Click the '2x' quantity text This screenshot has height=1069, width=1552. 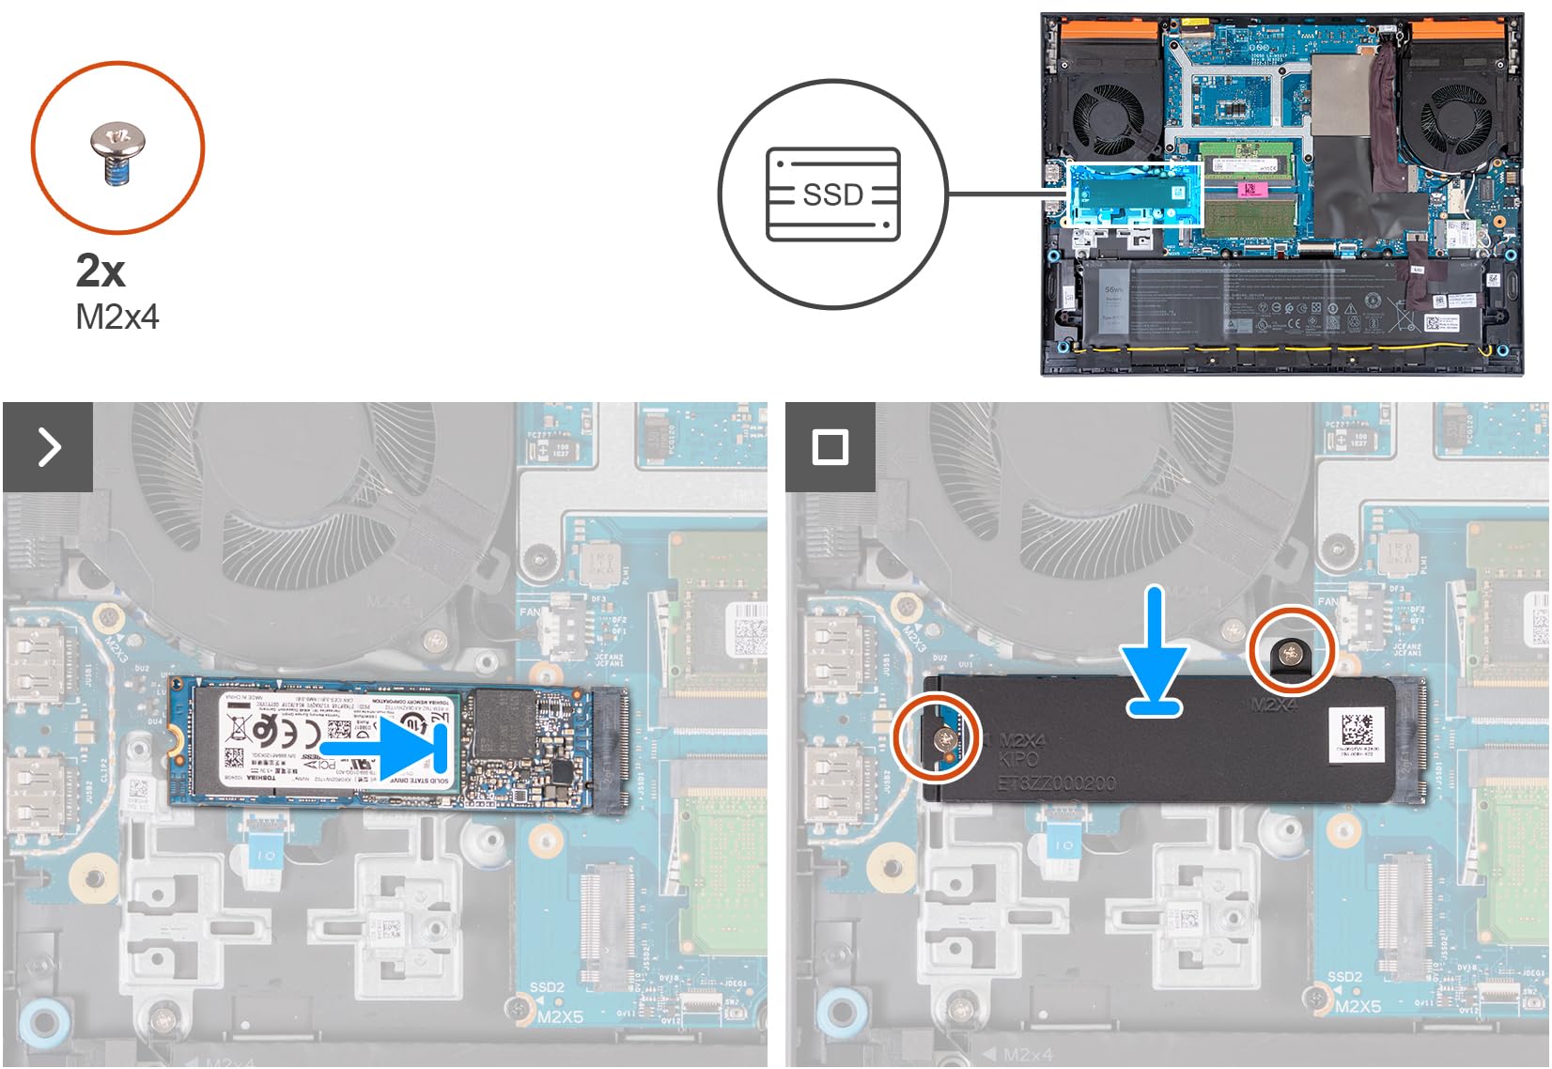tap(100, 271)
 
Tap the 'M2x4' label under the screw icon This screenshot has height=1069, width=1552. tap(116, 318)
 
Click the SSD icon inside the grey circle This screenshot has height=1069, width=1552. tap(833, 194)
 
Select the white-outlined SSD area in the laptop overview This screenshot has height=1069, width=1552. tap(1134, 194)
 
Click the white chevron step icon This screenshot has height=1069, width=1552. tap(48, 446)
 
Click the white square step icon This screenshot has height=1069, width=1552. tap(830, 446)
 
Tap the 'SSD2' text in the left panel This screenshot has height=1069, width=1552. tap(547, 988)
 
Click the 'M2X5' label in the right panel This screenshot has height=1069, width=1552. tap(1358, 1006)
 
